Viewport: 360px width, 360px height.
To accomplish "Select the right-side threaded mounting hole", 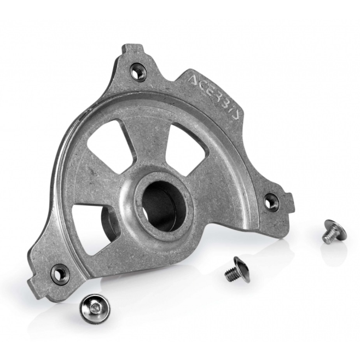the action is (x=271, y=201).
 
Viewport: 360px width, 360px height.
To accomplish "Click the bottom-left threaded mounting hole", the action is (x=60, y=273).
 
